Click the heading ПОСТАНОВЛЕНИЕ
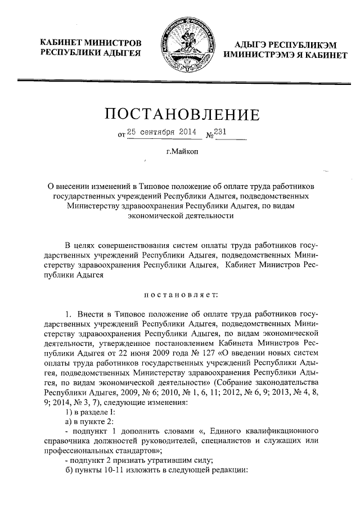(x=183, y=115)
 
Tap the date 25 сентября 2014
(x=160, y=132)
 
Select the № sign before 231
(x=211, y=135)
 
